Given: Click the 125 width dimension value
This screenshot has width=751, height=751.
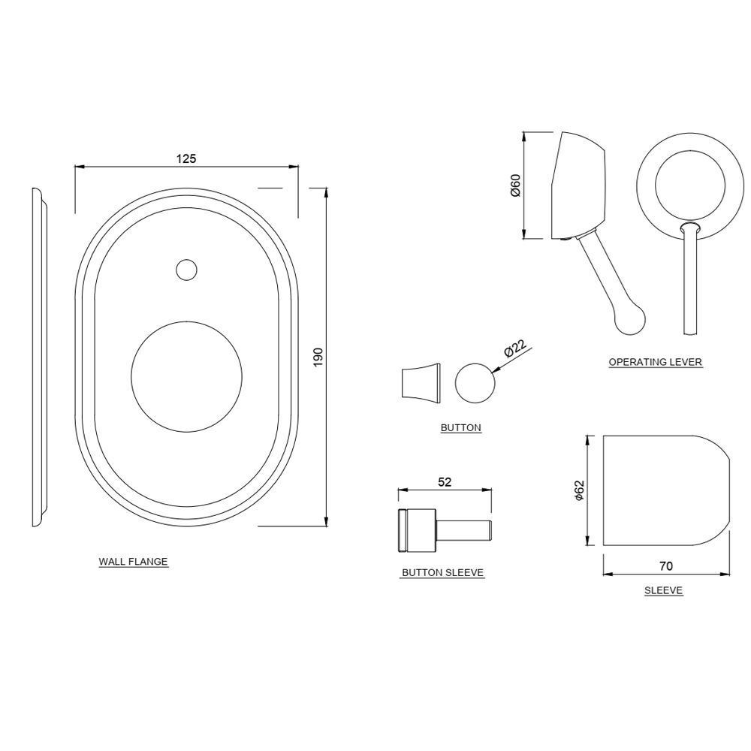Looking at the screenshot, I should (186, 158).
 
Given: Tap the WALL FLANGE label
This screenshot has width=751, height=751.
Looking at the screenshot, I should (133, 562).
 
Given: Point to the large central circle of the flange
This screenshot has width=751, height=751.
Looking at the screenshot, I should (186, 376).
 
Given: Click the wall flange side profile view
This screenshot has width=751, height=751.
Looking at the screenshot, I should (38, 357).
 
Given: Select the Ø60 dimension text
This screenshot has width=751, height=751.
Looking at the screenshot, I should (515, 185).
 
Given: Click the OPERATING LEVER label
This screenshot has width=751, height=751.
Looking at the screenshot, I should (655, 362).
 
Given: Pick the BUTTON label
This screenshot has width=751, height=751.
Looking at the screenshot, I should (460, 427).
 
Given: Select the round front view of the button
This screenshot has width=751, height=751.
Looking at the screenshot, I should (475, 382).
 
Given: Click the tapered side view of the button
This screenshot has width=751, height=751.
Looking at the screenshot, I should (418, 381).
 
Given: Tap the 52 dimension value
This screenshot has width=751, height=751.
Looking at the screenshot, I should (444, 483).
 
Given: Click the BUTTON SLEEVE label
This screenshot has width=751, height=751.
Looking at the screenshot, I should (442, 572).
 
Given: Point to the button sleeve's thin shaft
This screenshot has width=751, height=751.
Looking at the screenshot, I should (465, 530).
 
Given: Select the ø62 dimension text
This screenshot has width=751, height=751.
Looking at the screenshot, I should (579, 490).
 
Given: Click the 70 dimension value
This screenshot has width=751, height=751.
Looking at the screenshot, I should (665, 566).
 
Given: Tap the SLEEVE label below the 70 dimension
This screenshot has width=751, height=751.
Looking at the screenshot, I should (663, 590).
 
